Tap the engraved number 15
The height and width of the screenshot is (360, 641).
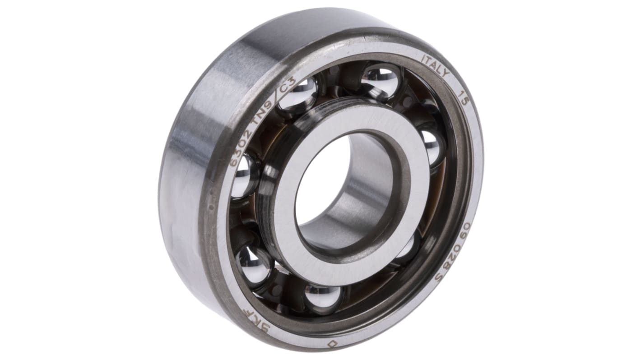click(463, 98)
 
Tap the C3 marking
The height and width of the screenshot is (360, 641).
click(288, 84)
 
